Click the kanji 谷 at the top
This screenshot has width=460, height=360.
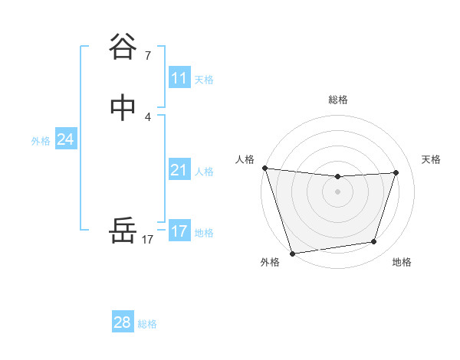click(x=123, y=47)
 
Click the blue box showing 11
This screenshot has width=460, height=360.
click(x=179, y=78)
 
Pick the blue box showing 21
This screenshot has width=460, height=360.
click(x=179, y=170)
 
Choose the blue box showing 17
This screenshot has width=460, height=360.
click(x=179, y=231)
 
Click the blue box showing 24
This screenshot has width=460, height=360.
click(x=66, y=139)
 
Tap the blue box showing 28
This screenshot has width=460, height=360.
click(x=123, y=322)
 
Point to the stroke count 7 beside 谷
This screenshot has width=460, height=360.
click(x=148, y=56)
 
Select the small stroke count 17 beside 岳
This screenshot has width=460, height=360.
click(x=148, y=240)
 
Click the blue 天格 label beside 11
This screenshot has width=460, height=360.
click(x=204, y=79)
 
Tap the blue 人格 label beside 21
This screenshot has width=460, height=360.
click(x=204, y=171)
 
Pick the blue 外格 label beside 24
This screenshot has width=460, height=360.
click(x=41, y=140)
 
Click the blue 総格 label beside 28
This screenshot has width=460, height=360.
click(x=147, y=323)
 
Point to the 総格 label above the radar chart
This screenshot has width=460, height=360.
click(x=338, y=100)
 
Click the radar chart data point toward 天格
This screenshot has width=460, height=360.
click(x=396, y=172)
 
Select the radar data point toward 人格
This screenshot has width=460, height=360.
click(x=264, y=168)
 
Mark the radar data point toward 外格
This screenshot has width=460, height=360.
click(x=292, y=253)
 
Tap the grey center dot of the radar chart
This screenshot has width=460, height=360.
click(x=338, y=191)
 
